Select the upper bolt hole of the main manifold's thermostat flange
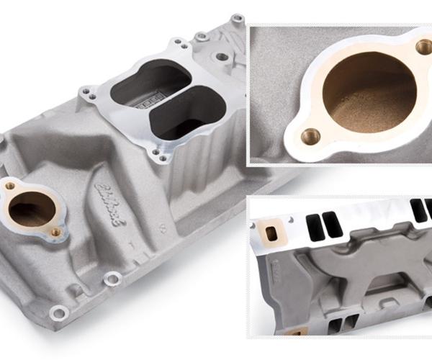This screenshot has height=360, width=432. [x=10, y=186]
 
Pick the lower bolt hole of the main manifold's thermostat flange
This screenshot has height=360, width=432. [x=55, y=232]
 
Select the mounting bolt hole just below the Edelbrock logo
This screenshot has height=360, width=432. [x=112, y=278]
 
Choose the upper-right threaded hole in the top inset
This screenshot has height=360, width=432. [x=423, y=48]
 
